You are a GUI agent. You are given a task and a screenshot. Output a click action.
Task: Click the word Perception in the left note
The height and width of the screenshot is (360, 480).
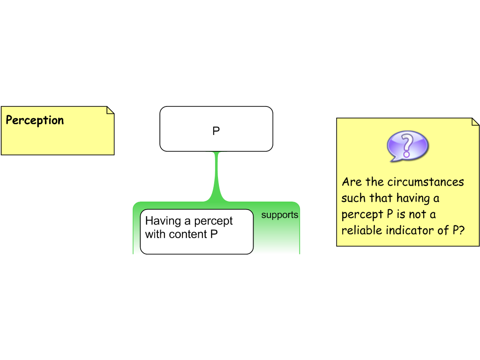(x=35, y=120)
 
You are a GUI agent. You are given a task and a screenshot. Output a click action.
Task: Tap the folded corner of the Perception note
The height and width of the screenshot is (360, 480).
(x=110, y=110)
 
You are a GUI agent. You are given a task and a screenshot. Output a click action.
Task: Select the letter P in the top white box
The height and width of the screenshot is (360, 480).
(x=216, y=131)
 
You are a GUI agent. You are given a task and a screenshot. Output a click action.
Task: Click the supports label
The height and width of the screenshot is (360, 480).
(x=279, y=215)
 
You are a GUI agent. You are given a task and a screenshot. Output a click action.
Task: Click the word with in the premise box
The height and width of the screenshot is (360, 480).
(x=153, y=234)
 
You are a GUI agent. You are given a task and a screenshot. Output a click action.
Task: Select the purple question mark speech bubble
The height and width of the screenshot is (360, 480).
(x=407, y=146)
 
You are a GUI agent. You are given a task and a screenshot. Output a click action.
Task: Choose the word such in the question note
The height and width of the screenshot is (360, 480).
(x=353, y=198)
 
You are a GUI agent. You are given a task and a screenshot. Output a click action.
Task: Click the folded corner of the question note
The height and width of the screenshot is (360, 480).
(x=475, y=122)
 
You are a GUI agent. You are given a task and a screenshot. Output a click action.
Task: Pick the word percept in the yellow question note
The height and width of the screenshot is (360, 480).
(x=360, y=215)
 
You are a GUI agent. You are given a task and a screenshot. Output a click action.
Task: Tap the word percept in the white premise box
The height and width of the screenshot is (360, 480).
(x=213, y=221)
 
